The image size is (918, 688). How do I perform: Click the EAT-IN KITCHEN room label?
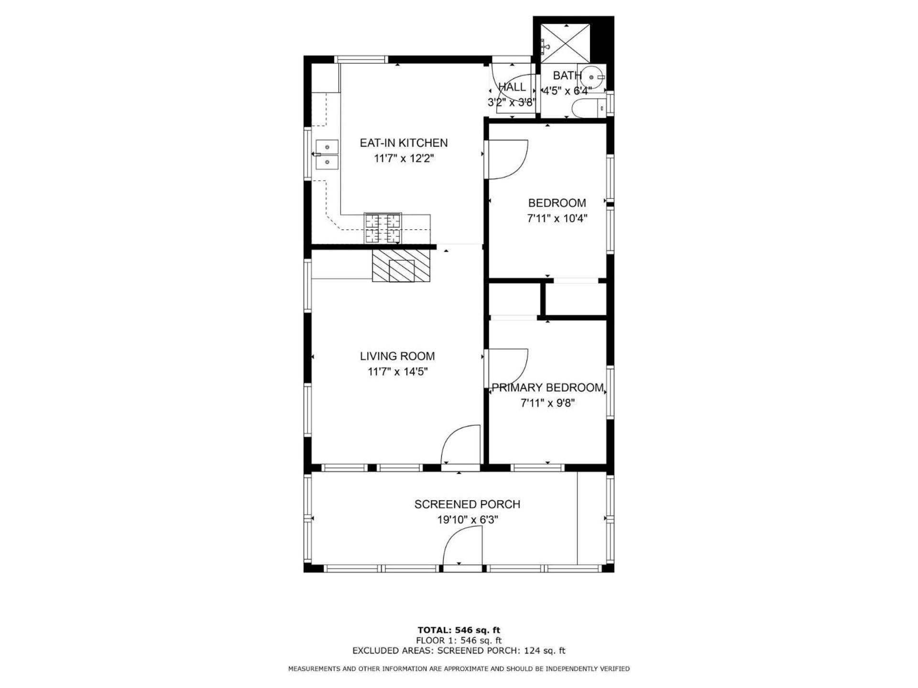coord(404,142)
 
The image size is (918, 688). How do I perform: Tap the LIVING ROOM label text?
coord(397,356)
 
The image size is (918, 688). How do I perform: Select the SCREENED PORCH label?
coord(467,504)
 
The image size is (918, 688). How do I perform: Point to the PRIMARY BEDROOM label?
coord(547,387)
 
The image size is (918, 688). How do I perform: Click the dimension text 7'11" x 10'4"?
coord(557,218)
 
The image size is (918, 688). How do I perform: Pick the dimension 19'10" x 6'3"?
coord(468,519)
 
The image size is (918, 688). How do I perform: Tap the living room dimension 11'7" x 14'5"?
coord(397,371)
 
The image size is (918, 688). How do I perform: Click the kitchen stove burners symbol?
coord(383,228)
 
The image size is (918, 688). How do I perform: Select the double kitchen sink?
coord(327,154)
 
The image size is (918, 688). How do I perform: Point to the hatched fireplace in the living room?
coord(402,266)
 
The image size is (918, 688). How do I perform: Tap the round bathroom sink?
coord(592,77)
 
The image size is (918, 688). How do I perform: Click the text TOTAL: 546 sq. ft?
coord(459,630)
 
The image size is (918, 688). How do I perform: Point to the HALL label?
coord(512,87)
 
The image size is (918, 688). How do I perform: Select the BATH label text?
coord(567,75)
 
